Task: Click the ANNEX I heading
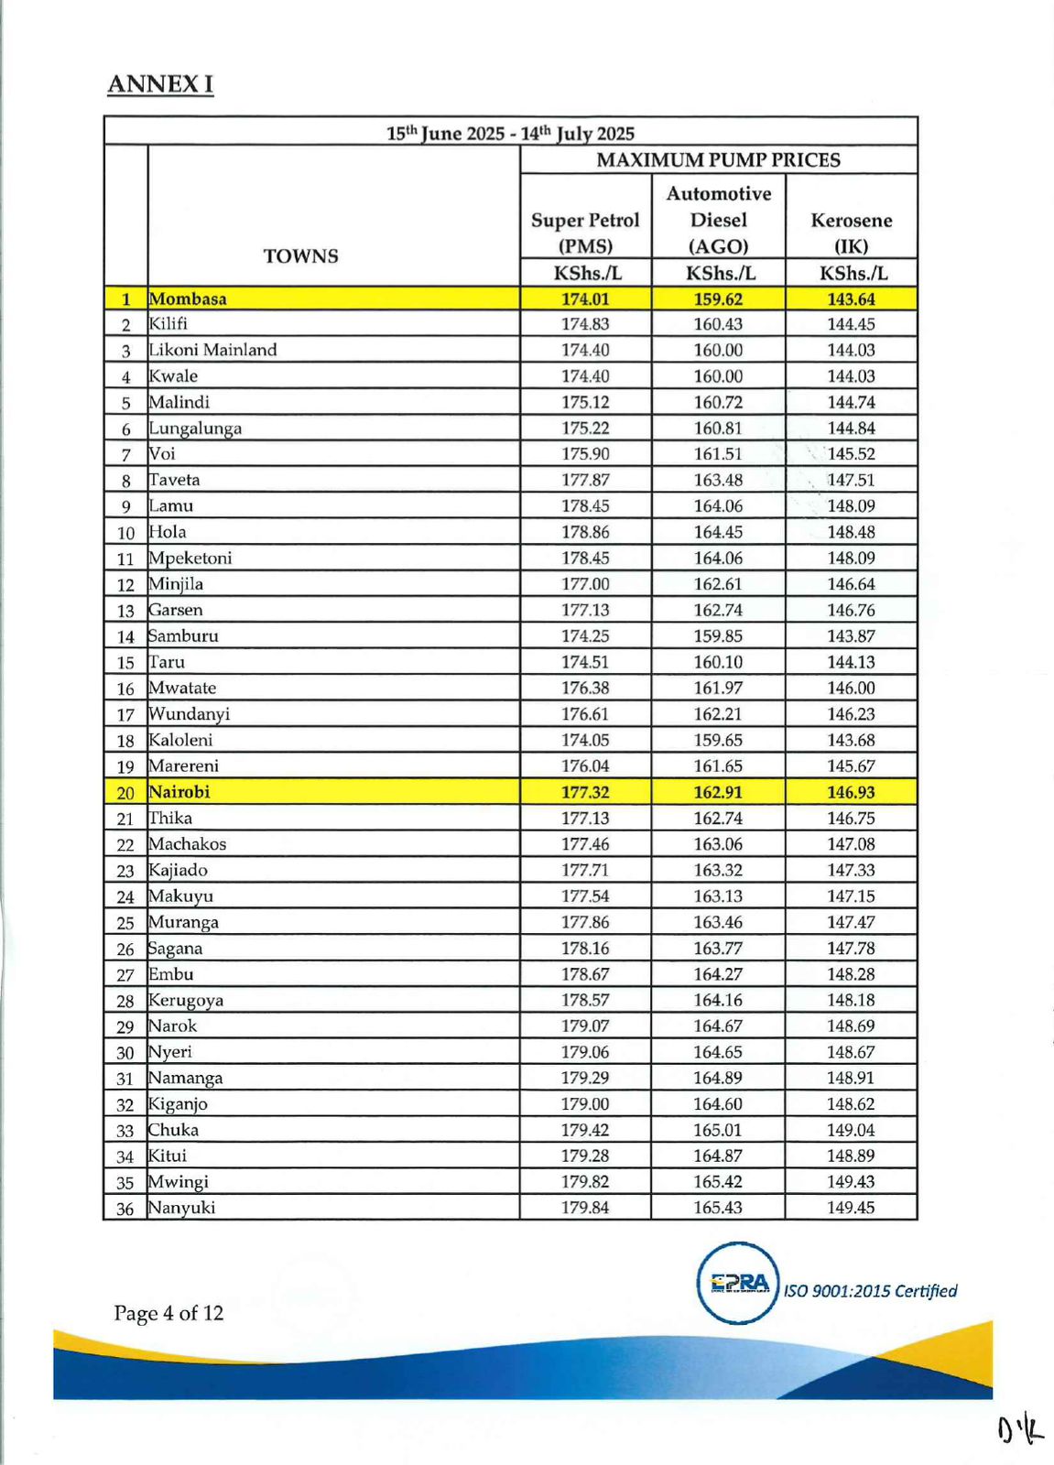160,84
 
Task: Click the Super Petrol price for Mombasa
585,298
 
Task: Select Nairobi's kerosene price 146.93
851,792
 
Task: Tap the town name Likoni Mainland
212,350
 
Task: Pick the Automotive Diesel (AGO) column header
718,220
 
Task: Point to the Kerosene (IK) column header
851,233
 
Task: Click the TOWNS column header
301,256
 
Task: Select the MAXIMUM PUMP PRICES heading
718,160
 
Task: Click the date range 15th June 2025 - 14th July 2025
510,133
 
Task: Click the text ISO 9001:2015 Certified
870,1291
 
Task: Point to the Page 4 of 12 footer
168,1313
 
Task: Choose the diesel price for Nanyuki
718,1208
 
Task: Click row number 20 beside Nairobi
125,793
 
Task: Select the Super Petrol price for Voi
585,454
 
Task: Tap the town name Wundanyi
190,714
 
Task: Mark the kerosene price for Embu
851,974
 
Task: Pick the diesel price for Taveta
718,480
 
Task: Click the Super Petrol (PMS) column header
585,233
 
